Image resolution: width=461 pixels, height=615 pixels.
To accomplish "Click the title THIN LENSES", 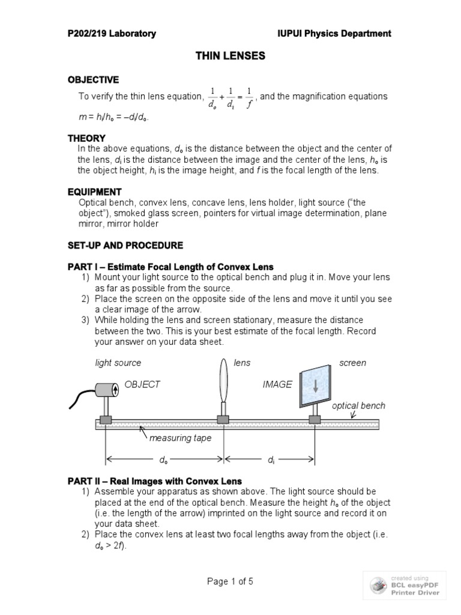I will (230, 56).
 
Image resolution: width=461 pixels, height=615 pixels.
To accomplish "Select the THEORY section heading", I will (86, 138).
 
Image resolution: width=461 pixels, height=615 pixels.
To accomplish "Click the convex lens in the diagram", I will (223, 384).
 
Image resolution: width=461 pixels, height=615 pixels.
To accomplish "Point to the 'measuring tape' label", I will (180, 438).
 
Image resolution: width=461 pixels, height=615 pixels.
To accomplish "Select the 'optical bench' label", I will (358, 406).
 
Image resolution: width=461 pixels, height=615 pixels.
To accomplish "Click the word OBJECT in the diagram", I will (142, 384).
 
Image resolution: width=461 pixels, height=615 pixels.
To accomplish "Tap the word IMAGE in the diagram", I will (277, 384).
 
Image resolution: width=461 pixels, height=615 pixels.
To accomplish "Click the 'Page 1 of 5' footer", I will (230, 582).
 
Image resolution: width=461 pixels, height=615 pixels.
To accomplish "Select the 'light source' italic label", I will (118, 363).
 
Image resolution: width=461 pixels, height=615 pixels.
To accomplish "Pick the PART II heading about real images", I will (155, 481).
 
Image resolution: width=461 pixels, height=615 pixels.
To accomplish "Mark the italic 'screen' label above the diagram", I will (352, 363).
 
